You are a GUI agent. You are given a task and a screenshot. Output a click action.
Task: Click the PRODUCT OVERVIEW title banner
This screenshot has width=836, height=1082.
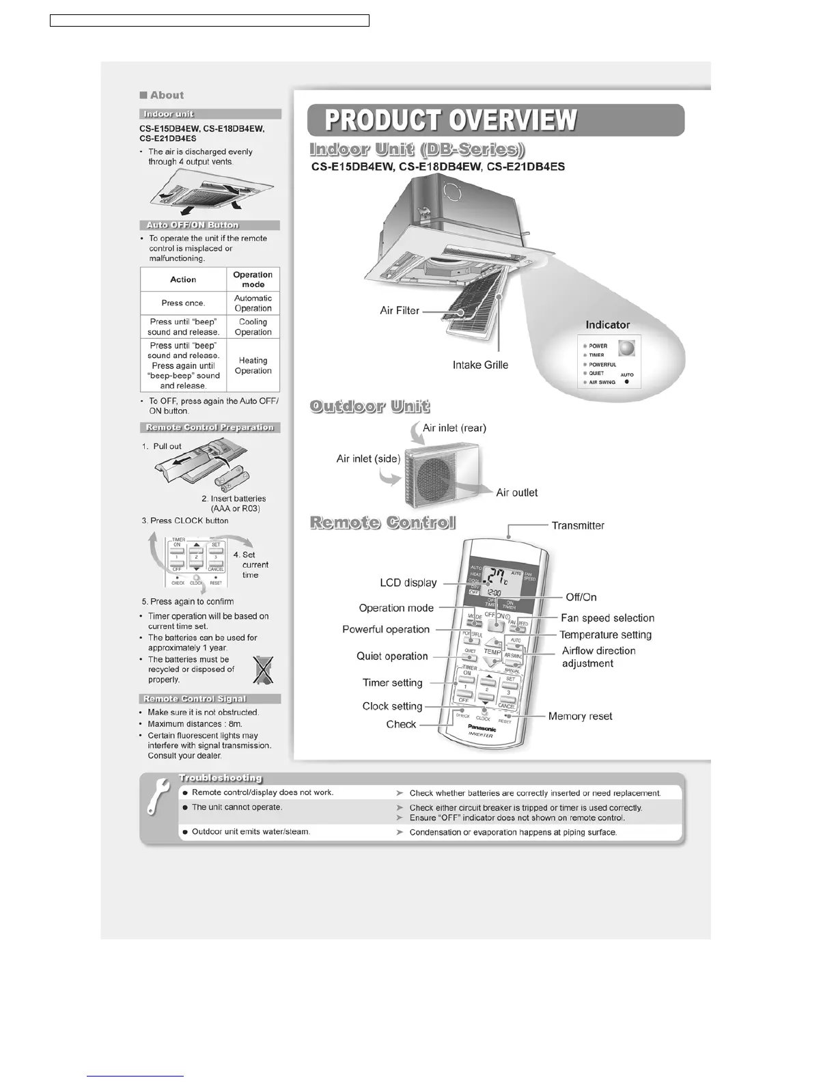coord(495,120)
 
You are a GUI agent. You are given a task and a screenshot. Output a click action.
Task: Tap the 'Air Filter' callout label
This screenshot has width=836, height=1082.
coord(400,311)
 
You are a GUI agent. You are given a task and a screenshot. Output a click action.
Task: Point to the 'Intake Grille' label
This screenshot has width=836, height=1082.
coord(480,365)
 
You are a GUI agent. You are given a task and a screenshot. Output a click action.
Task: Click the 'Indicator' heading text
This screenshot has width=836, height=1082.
coord(607,325)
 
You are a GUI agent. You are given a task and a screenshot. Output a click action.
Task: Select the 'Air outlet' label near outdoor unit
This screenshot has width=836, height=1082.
coord(516,493)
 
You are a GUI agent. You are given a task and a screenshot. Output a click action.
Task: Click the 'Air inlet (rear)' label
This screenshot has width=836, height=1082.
coord(454,428)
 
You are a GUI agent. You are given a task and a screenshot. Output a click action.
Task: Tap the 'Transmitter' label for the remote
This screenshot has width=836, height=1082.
coord(578,526)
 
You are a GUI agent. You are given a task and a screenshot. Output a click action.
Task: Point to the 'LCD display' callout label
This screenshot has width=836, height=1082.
coord(408,583)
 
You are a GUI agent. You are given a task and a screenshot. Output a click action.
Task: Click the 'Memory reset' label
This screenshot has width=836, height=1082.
coord(580,717)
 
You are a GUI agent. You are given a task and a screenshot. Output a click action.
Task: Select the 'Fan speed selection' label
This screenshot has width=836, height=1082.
coord(607,618)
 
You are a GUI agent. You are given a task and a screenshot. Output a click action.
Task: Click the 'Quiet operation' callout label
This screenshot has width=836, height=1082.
coord(392,656)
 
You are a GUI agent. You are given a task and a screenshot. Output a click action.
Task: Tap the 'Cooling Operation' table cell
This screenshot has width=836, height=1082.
coord(253,327)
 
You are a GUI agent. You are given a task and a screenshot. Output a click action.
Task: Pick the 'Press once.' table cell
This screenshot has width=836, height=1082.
coord(183,303)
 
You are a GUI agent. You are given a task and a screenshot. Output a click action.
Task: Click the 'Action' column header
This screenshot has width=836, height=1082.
coord(183,279)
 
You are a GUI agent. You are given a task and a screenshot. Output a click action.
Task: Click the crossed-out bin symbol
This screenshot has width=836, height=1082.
coord(263,669)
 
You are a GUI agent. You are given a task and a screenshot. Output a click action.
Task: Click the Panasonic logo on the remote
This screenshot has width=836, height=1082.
coord(482,727)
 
